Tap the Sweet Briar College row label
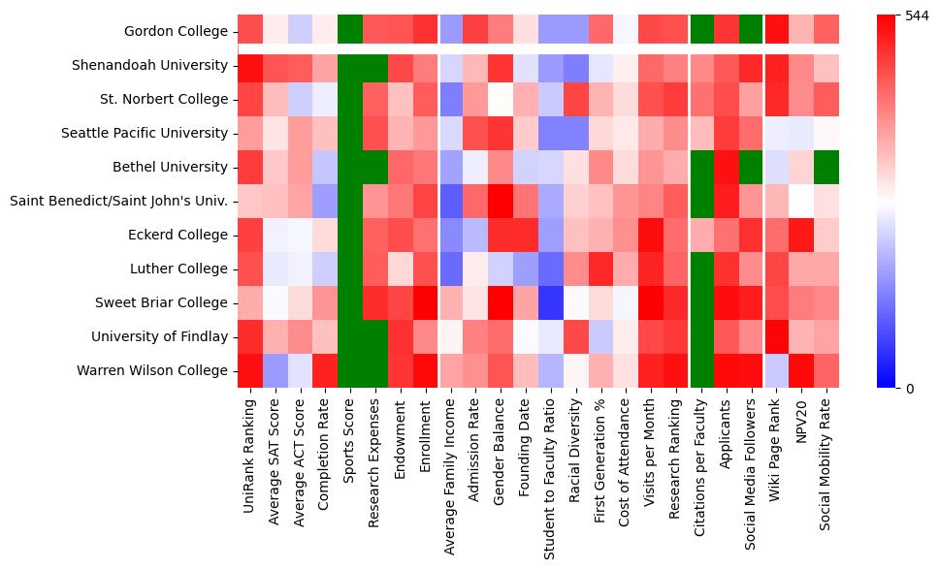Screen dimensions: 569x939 tap(161, 302)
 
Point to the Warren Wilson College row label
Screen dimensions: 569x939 tap(155, 370)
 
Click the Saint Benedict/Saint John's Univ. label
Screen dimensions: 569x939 tap(119, 201)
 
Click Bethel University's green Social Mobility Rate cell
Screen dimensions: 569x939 tap(826, 167)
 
